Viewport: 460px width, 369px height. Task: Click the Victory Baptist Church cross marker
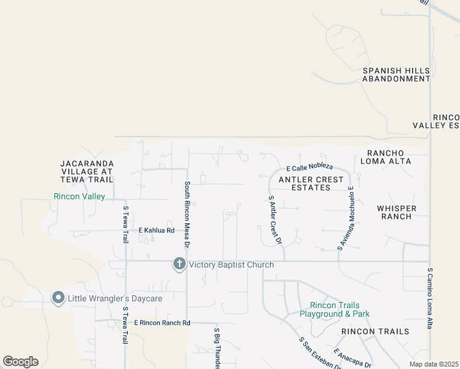pos(180,264)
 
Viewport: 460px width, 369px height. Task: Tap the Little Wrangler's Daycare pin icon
pos(58,298)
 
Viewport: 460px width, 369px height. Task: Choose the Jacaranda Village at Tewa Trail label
pos(87,172)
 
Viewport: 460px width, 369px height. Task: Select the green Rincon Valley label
pos(79,197)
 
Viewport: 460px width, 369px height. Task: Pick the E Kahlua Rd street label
pos(156,231)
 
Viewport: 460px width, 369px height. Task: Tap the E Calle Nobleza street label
pos(310,167)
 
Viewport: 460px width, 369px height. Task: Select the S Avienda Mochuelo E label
pos(346,218)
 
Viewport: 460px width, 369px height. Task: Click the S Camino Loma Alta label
pos(430,298)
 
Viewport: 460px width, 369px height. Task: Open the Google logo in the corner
pos(20,361)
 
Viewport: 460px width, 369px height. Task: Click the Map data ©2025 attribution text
pos(434,364)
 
